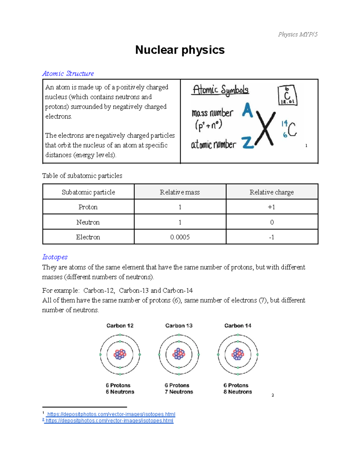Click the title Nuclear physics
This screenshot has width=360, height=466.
tap(180, 50)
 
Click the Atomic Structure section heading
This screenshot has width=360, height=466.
tap(68, 74)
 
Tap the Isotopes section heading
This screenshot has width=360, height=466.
tap(55, 257)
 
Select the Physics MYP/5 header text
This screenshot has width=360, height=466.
tap(297, 35)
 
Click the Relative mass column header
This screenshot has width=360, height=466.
tap(180, 192)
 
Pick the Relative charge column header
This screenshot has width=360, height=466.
tap(271, 192)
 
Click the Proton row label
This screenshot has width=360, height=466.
tap(88, 207)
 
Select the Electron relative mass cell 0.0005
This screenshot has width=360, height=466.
tap(180, 237)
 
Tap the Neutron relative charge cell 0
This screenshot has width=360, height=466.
tap(272, 222)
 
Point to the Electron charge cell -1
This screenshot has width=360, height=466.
tap(271, 237)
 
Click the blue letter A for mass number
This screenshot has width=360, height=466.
tap(247, 110)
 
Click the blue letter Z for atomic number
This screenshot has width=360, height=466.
tap(248, 143)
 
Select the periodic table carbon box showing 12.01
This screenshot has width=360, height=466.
tap(287, 95)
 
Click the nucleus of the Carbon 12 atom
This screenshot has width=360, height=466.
tap(120, 354)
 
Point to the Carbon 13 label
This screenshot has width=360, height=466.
tap(179, 326)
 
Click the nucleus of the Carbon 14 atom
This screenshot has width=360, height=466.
tap(238, 354)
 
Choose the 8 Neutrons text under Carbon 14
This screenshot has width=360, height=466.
tap(238, 392)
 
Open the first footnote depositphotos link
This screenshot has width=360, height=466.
tap(111, 414)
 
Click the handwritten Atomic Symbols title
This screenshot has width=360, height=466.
tap(220, 90)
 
